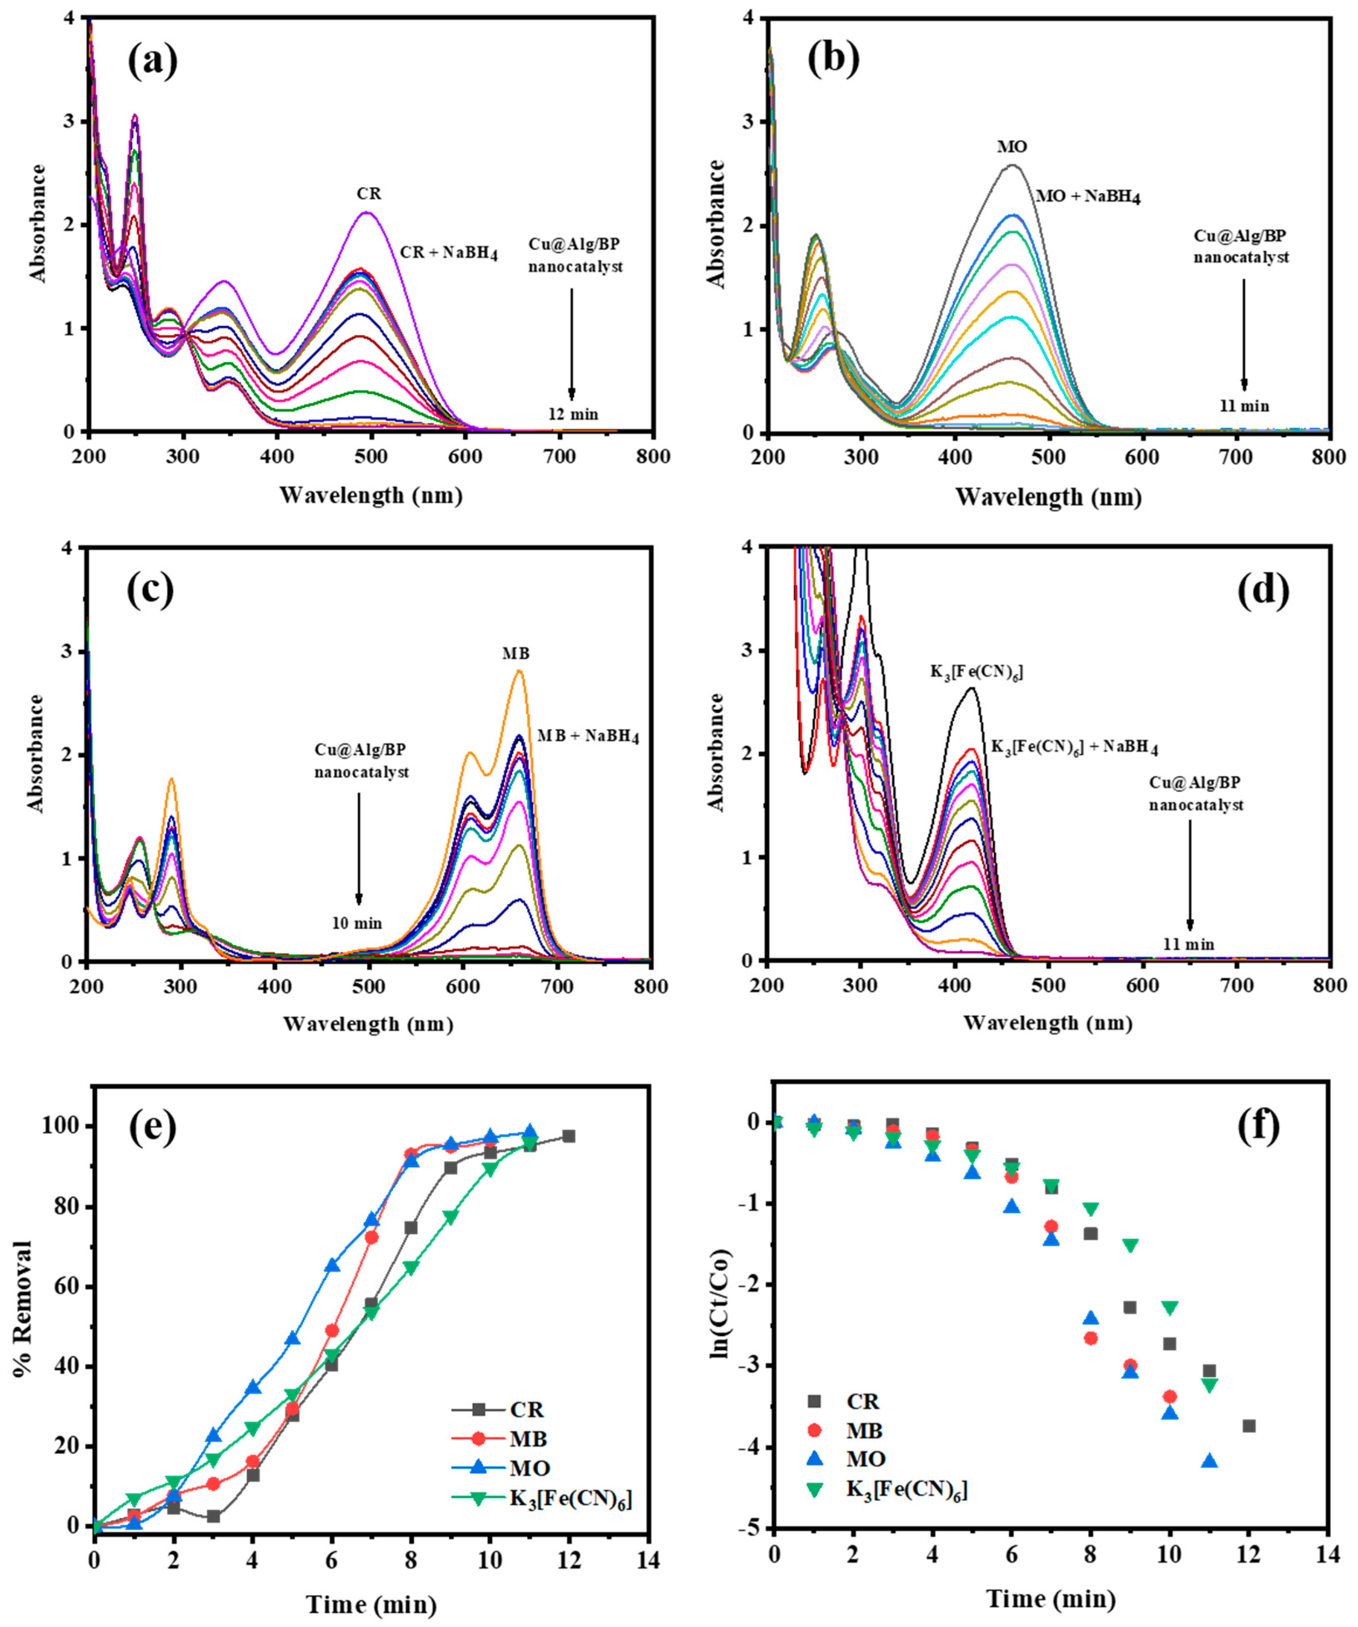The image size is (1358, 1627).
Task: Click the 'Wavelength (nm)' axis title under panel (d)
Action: click(x=1048, y=1023)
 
